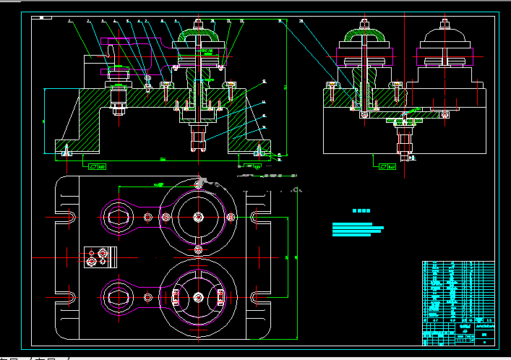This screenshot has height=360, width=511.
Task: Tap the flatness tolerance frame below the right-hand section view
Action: click(387, 166)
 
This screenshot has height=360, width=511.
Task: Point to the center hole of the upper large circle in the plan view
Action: click(198, 216)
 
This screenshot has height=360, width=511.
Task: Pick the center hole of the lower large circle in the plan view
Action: click(198, 296)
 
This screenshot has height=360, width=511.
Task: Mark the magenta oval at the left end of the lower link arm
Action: click(116, 295)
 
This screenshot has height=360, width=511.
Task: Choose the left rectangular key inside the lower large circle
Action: click(176, 296)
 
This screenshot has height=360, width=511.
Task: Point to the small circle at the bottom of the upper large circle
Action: click(198, 249)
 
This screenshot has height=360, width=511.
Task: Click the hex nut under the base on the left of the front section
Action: click(118, 110)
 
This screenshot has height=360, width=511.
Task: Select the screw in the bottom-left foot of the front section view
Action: click(66, 150)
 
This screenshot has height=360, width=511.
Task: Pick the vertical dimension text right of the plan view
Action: click(286, 257)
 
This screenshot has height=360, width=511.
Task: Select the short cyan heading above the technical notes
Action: click(361, 211)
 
